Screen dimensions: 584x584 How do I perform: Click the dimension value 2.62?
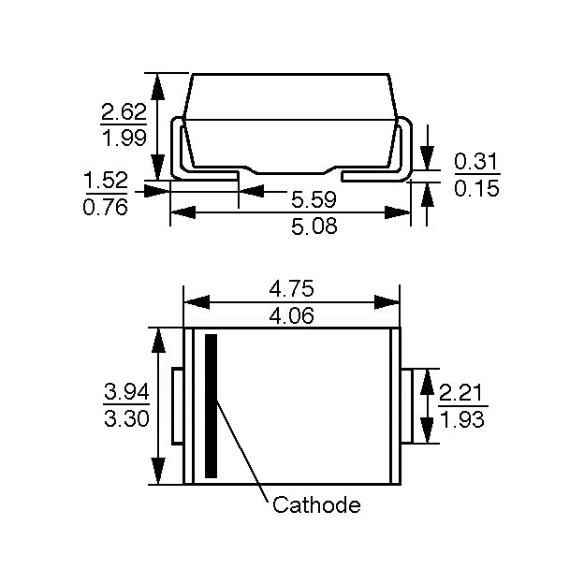124,112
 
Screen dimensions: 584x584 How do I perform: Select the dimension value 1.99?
124,139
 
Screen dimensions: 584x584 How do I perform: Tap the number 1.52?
106,181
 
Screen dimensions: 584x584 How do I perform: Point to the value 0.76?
106,207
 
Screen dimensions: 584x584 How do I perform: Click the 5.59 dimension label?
314,199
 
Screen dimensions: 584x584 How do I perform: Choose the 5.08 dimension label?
314,226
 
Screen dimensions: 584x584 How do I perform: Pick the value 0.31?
476,162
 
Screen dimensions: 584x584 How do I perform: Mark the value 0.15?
476,188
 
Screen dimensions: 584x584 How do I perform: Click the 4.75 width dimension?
292,288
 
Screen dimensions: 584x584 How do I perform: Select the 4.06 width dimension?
292,315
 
